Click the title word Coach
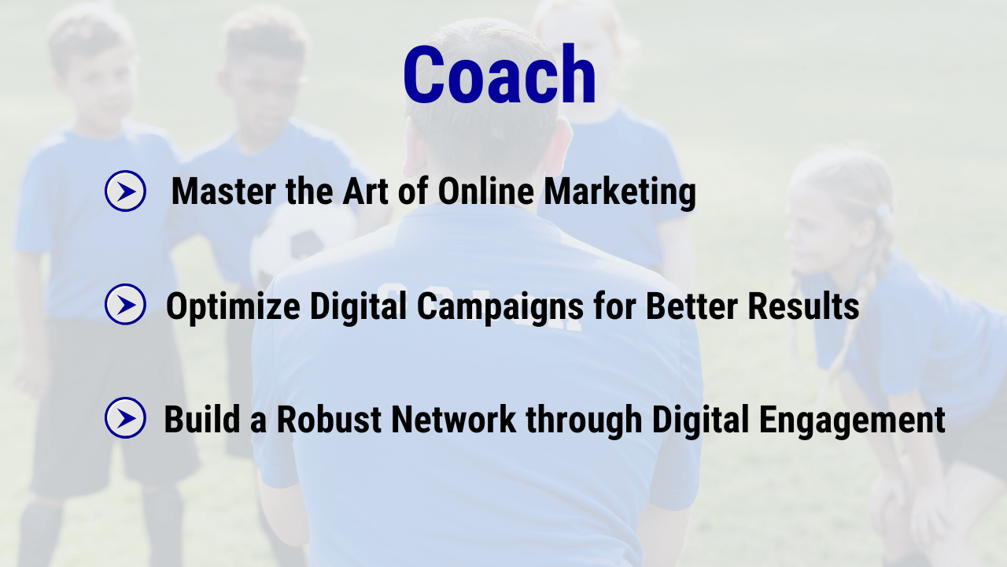[500, 74]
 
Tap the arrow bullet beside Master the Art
[125, 191]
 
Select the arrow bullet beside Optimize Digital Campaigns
[125, 304]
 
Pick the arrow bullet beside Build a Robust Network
[125, 417]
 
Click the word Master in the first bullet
[223, 191]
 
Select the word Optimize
[233, 307]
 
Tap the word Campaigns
[500, 307]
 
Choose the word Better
[692, 306]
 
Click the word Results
[803, 306]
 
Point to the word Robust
[329, 420]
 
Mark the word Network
[454, 420]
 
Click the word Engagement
[852, 421]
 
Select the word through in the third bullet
[584, 421]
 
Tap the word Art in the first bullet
[365, 191]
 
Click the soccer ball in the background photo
[301, 245]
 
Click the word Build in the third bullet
[202, 420]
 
